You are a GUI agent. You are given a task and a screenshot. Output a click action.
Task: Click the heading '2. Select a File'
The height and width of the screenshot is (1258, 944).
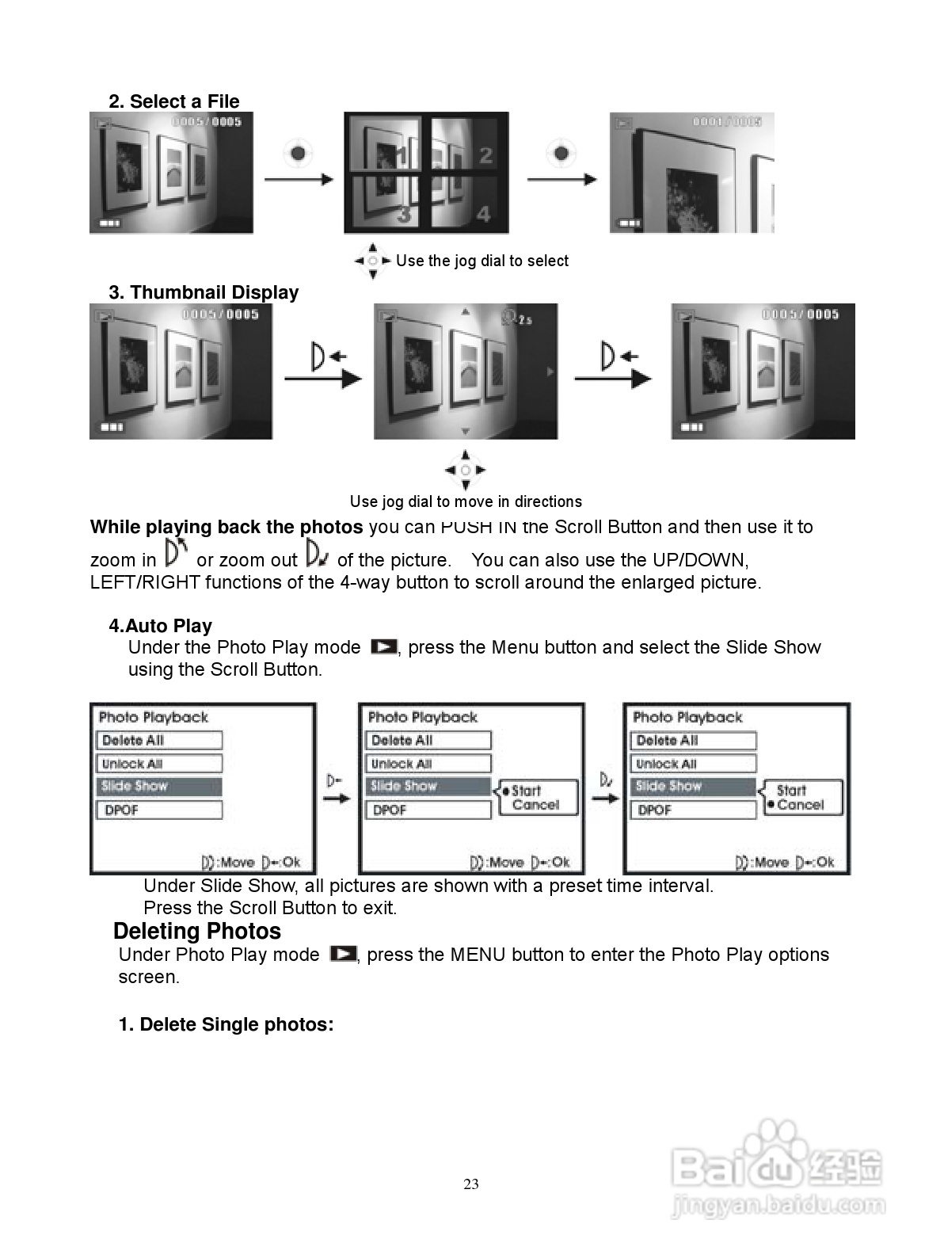click(173, 101)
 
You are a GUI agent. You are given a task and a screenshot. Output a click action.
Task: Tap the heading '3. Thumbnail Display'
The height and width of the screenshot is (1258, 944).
click(204, 292)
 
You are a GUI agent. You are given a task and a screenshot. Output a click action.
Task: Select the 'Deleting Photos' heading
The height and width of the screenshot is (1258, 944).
click(197, 931)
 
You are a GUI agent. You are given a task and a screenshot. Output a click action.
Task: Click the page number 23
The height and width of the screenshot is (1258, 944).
click(471, 1184)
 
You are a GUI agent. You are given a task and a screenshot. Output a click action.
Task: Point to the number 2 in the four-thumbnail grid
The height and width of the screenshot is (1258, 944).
click(485, 156)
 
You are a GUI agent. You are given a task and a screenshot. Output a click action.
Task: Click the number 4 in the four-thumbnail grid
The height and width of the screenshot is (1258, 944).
click(483, 214)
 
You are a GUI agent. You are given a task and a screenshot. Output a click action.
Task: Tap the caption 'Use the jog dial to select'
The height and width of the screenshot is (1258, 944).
click(482, 261)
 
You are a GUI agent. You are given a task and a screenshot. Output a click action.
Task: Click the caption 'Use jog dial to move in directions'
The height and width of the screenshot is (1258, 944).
click(466, 501)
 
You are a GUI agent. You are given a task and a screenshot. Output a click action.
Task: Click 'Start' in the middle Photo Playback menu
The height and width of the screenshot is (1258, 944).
click(526, 791)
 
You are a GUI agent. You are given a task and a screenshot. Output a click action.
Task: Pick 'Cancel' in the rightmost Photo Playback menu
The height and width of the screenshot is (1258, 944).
click(800, 805)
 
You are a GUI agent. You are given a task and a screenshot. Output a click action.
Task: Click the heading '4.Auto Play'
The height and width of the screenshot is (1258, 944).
click(160, 626)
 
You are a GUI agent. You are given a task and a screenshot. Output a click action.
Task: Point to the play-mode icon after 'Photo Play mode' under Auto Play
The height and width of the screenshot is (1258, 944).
click(384, 647)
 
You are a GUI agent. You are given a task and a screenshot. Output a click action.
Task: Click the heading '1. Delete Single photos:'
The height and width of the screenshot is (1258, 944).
click(226, 1024)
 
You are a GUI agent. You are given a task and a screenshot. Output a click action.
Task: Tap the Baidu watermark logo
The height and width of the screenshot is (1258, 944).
click(776, 1165)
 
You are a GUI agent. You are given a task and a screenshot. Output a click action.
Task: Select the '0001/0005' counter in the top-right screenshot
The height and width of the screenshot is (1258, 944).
click(726, 122)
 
